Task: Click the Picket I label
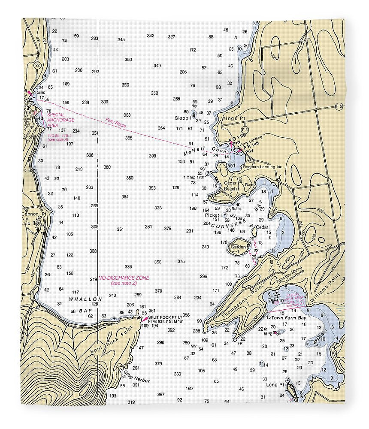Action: (x=213, y=215)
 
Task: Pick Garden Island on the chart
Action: (x=239, y=248)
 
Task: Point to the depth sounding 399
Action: (x=152, y=156)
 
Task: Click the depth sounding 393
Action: (x=152, y=188)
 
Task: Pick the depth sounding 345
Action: (x=121, y=39)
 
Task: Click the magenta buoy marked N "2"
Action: (x=275, y=332)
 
